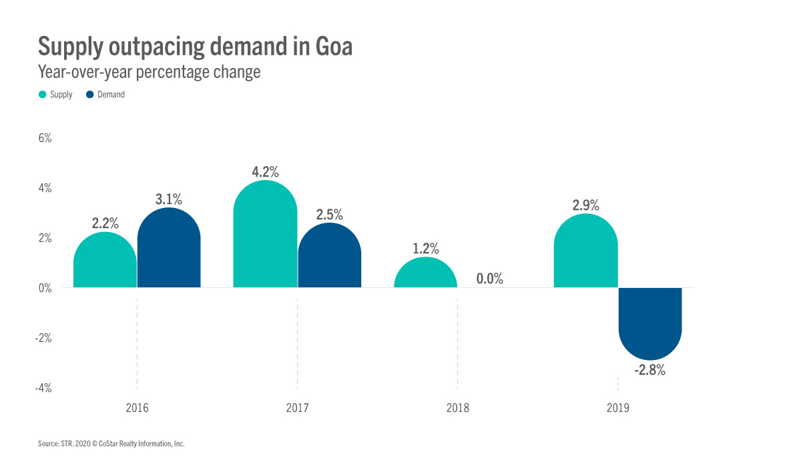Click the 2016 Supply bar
[105, 261]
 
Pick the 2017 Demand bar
[330, 256]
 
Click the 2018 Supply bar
[426, 273]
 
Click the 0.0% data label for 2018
[490, 279]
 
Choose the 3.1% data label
[168, 199]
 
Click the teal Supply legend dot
[43, 95]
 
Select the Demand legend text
[111, 95]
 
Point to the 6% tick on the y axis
[45, 139]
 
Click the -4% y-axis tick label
[43, 388]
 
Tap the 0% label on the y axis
[45, 288]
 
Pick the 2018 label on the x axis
[458, 407]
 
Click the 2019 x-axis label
[618, 407]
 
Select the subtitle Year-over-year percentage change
[149, 72]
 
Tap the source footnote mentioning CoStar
[111, 443]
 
